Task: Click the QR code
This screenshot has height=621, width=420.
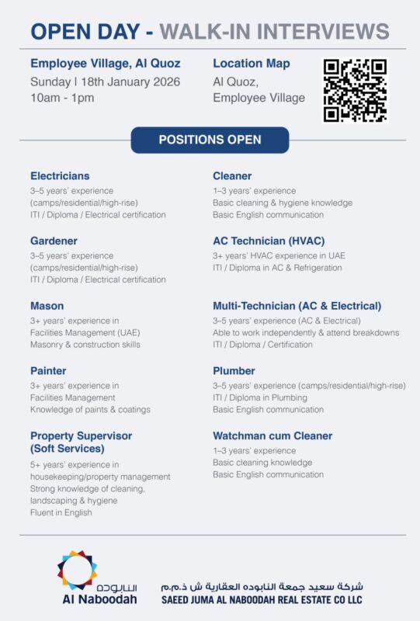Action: (x=355, y=90)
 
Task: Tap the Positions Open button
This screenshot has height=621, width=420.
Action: (x=210, y=140)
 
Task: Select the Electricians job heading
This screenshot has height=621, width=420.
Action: (x=60, y=176)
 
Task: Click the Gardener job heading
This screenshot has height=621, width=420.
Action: (x=54, y=241)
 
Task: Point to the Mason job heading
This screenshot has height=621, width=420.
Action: (x=47, y=306)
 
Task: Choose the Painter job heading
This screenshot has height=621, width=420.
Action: (x=48, y=371)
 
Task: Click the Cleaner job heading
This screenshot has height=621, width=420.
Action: (x=232, y=176)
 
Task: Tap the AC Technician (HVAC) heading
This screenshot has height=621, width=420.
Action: (x=269, y=241)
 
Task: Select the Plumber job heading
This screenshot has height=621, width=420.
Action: (x=234, y=371)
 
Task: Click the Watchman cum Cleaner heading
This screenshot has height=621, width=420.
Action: (x=272, y=436)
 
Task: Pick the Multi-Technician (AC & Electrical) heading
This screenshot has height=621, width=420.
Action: (x=297, y=306)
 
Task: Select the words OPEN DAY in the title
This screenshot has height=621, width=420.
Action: (x=85, y=32)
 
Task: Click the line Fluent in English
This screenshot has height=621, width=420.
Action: (x=61, y=512)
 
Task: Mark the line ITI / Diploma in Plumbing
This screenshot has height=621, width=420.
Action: (x=260, y=397)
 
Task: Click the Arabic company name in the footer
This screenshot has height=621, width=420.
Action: (x=262, y=586)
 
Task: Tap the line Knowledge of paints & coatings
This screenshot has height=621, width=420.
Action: (x=90, y=410)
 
